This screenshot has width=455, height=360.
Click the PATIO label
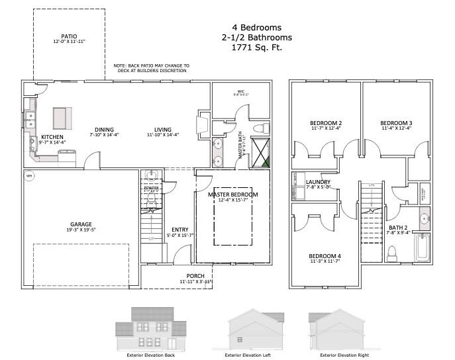(x=69, y=36)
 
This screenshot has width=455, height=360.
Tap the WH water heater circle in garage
(x=29, y=176)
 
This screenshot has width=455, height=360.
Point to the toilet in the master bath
(x=260, y=127)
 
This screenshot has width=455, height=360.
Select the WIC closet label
(x=241, y=93)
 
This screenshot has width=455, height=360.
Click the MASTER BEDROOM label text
(x=232, y=195)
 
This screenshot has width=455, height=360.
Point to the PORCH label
(x=195, y=276)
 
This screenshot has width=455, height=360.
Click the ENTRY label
(x=180, y=230)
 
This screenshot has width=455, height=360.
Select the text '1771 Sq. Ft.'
(x=252, y=48)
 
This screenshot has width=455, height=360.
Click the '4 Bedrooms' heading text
(x=252, y=27)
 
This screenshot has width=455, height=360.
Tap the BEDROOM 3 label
(x=396, y=123)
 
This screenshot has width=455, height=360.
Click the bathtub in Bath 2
(x=422, y=251)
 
